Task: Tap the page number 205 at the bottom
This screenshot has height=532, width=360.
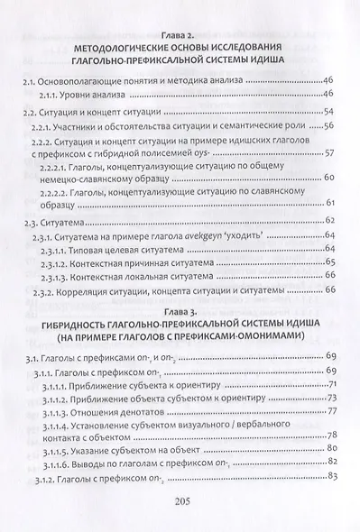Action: [180, 502]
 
